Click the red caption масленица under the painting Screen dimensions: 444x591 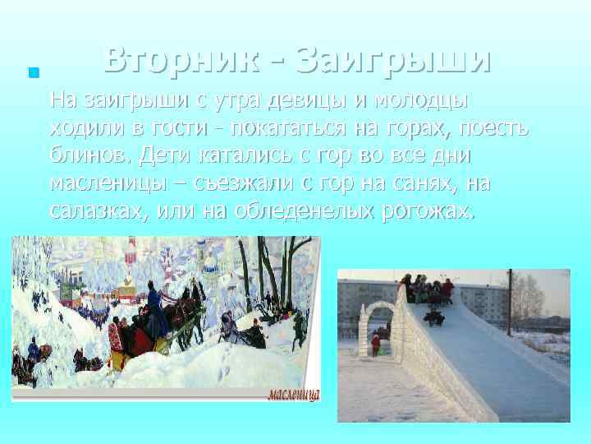point(293,394)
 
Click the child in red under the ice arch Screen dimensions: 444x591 point(376,342)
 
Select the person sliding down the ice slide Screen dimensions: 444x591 point(434,315)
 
